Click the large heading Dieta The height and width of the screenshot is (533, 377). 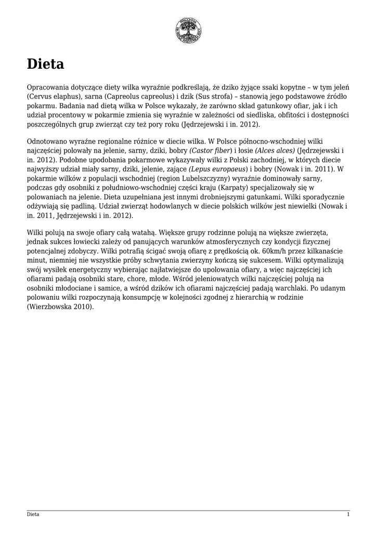(45, 64)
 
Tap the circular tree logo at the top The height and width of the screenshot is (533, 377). (188, 30)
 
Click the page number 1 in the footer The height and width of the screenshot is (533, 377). (348, 514)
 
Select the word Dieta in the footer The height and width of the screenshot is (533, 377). (33, 514)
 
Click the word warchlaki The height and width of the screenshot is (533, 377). (291, 288)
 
